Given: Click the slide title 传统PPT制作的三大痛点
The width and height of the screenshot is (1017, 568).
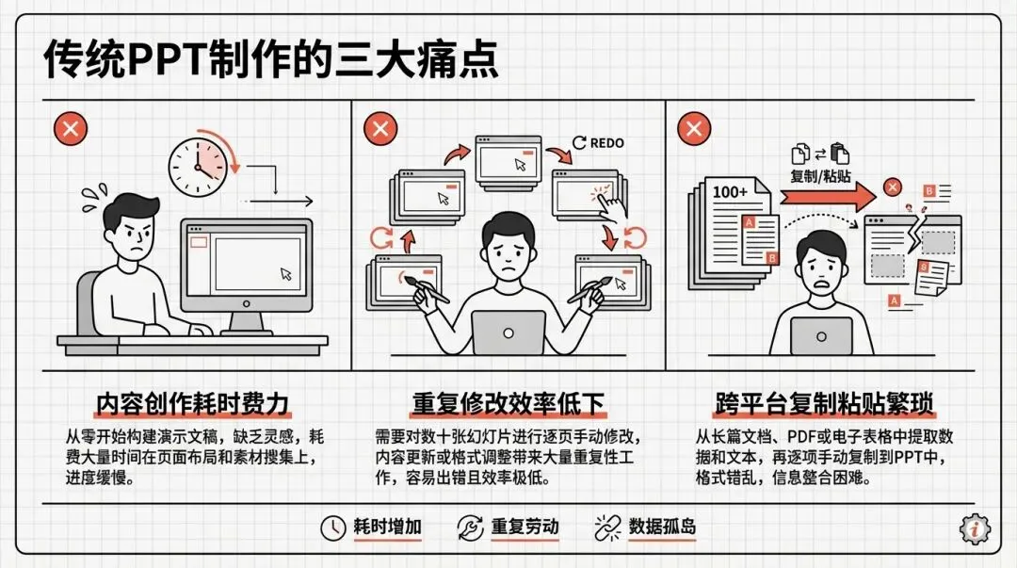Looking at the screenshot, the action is pyautogui.click(x=271, y=60).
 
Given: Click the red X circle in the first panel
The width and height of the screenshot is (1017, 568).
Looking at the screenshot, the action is pyautogui.click(x=70, y=128).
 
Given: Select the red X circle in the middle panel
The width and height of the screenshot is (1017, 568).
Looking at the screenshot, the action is pyautogui.click(x=380, y=128).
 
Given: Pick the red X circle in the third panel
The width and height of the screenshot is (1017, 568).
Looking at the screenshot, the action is pyautogui.click(x=694, y=128).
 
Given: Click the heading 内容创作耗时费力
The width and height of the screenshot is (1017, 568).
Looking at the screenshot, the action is pyautogui.click(x=193, y=404).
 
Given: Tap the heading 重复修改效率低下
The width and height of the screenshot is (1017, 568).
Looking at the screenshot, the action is pyautogui.click(x=508, y=404).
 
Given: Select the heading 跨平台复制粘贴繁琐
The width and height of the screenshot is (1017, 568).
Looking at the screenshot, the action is pyautogui.click(x=824, y=404).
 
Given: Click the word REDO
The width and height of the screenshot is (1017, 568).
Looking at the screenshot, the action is pyautogui.click(x=607, y=143).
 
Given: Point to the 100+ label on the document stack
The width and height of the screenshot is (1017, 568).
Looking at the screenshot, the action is pyautogui.click(x=730, y=191).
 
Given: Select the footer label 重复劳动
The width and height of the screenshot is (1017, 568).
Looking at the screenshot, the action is pyautogui.click(x=525, y=527).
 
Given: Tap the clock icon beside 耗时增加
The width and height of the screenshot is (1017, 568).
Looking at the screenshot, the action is pyautogui.click(x=332, y=527).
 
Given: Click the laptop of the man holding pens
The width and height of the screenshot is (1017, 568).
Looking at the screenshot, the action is pyautogui.click(x=508, y=332).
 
